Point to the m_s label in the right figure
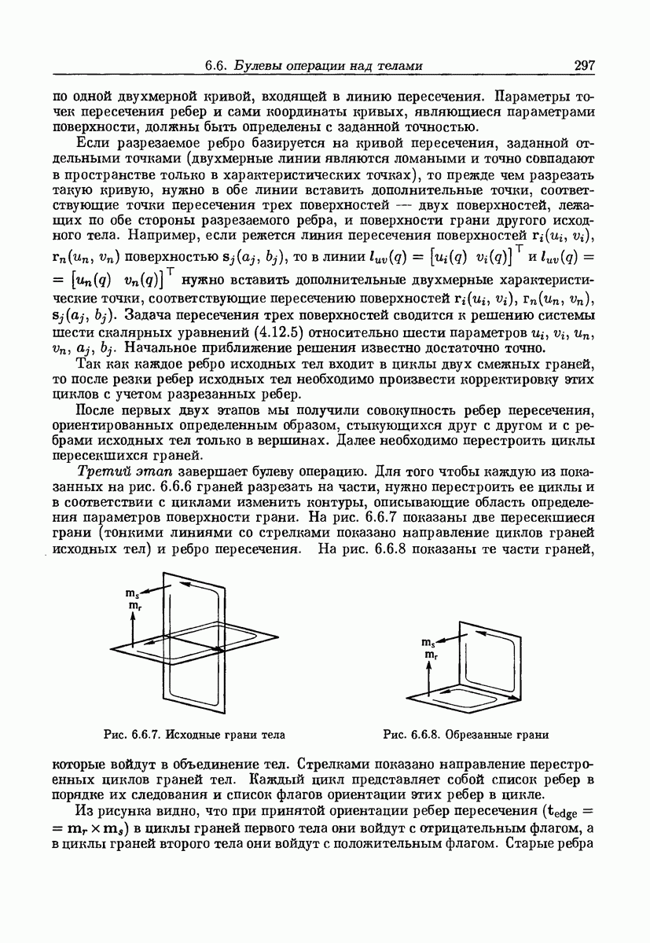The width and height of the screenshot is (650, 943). [429, 641]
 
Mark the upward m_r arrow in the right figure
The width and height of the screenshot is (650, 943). [429, 675]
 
